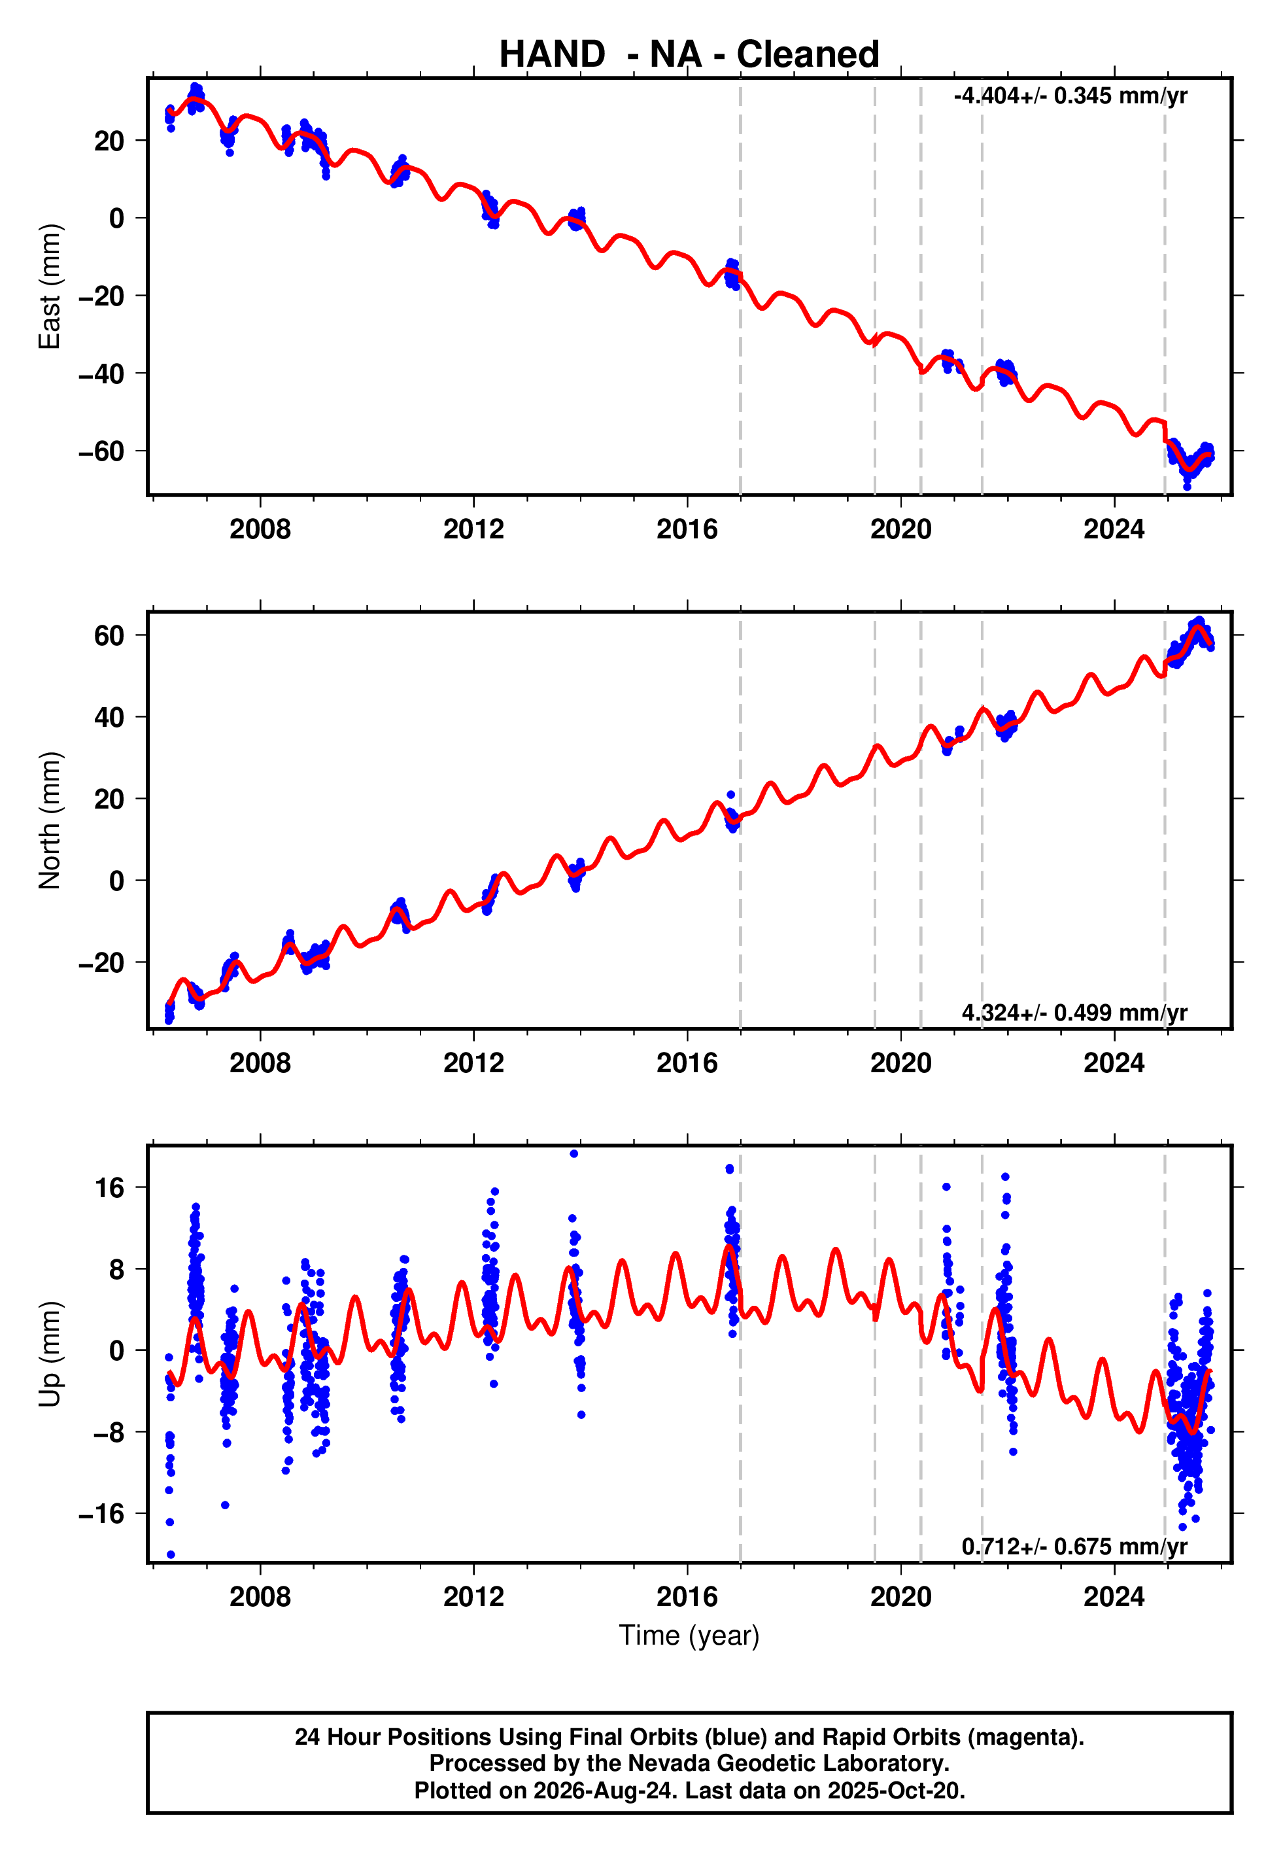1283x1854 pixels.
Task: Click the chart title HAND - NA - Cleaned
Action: [689, 55]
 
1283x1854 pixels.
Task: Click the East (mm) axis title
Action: [50, 287]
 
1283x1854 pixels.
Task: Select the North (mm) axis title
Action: [50, 820]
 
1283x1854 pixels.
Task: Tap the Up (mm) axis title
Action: [50, 1354]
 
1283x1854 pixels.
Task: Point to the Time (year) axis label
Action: [689, 1636]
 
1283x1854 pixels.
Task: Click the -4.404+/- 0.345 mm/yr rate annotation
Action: [1070, 96]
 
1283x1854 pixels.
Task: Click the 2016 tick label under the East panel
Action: [687, 529]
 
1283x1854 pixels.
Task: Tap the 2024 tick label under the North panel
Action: [1114, 1063]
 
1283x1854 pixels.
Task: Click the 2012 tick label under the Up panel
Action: [473, 1597]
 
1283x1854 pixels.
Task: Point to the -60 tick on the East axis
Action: [101, 452]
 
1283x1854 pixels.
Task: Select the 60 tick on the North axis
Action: [109, 636]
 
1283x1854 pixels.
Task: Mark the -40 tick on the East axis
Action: [101, 374]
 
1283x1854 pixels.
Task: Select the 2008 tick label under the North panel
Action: [260, 1063]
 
